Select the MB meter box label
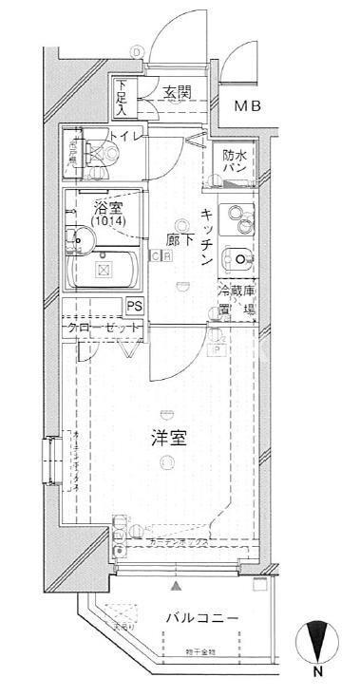point(248,106)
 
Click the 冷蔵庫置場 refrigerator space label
point(237,301)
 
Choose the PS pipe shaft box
point(135,305)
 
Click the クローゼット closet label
point(104,329)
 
